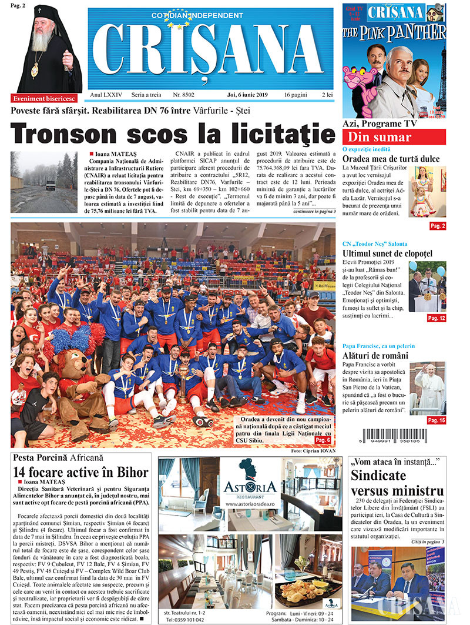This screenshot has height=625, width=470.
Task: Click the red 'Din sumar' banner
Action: point(375,138)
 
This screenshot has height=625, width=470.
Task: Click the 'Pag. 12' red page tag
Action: point(436,318)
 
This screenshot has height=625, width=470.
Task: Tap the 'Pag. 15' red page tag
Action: point(436,420)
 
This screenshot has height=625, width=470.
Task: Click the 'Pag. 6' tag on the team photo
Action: point(323,440)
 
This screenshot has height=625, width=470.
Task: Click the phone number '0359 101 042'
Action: point(187,620)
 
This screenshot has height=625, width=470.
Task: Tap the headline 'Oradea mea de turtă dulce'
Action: point(391,159)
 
